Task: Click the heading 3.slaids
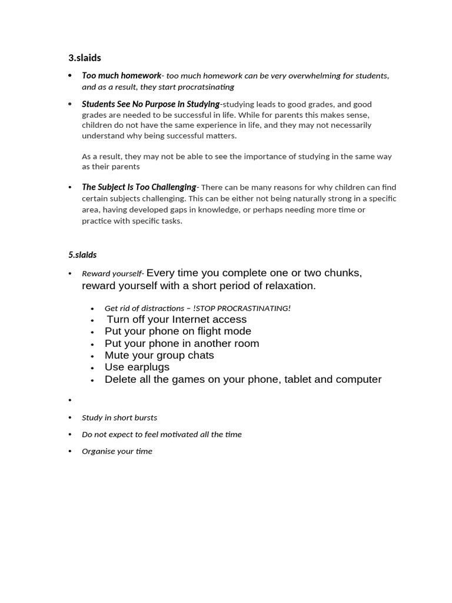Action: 85,58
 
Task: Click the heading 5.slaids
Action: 82,255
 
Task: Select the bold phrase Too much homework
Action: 121,75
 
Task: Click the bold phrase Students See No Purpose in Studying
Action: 151,104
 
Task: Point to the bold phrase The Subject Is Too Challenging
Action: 139,187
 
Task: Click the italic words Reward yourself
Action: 112,274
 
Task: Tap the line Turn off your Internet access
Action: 177,319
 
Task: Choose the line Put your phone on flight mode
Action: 178,331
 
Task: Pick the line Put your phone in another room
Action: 182,343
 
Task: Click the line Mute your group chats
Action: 159,355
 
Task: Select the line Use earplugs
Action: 137,367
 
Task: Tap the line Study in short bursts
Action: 119,418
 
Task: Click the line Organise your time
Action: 117,451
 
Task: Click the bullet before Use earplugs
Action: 93,368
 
